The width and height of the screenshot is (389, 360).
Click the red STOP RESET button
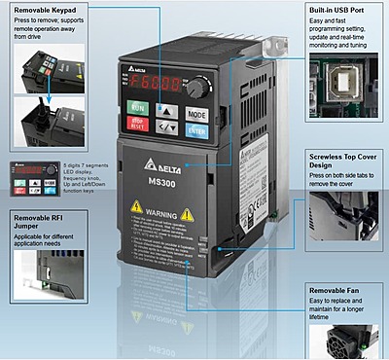tap(139, 124)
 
